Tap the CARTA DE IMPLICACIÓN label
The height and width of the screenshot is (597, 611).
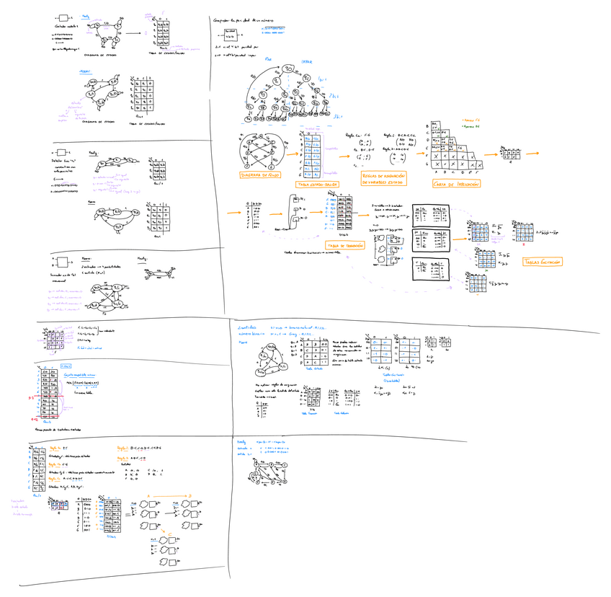tap(458, 184)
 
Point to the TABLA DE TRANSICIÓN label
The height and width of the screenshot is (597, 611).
tap(344, 246)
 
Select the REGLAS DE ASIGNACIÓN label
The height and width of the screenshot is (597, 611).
tap(383, 179)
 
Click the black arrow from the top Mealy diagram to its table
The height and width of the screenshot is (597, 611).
tap(144, 32)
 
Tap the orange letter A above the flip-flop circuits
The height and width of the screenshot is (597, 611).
tap(149, 495)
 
